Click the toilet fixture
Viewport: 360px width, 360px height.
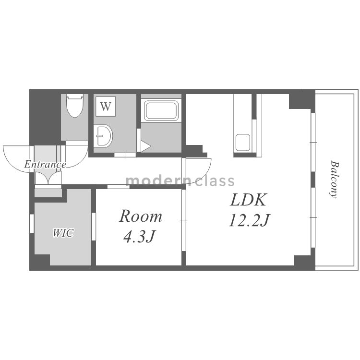coord(75,106)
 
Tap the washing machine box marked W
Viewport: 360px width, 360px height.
coord(106,106)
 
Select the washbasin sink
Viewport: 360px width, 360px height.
coord(103,135)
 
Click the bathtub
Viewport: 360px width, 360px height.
coord(161,111)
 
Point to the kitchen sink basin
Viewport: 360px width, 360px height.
coord(243,143)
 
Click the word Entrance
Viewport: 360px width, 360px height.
coord(45,164)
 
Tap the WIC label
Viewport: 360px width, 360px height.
coord(63,233)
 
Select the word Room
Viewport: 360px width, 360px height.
coord(141,216)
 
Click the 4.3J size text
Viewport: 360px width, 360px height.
coord(139,237)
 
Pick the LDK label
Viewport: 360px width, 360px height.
coord(248,200)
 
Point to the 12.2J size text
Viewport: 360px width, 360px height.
coord(249,220)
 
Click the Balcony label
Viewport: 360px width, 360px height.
coord(334,180)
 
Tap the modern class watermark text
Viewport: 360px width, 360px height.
coord(180,180)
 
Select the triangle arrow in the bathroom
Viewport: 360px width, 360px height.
coord(145,146)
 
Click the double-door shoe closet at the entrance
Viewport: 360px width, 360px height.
coord(48,178)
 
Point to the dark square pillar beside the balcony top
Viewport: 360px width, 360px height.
coord(302,99)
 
